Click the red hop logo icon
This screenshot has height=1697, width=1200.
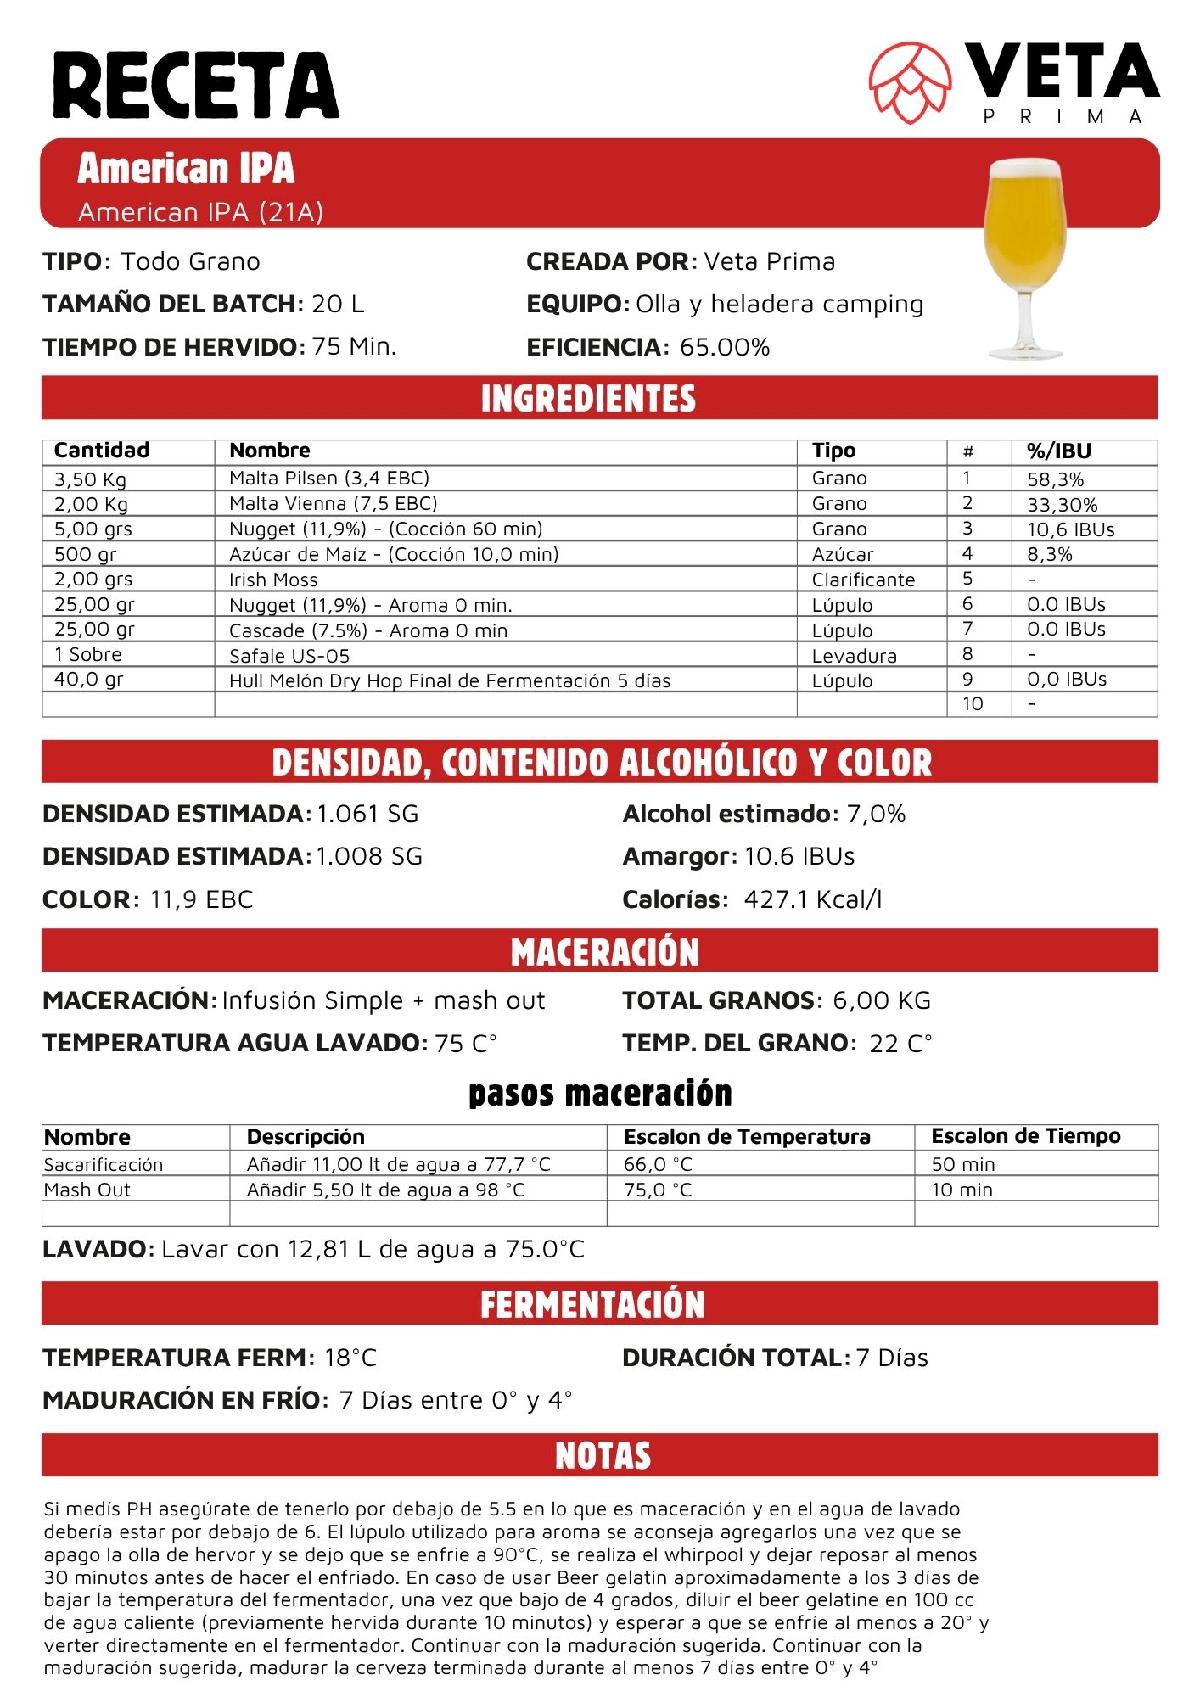(x=910, y=82)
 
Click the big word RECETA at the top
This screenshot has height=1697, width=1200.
(x=196, y=85)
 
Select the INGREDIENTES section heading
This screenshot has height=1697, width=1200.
(x=588, y=398)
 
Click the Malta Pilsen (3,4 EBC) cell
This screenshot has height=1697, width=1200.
(x=329, y=479)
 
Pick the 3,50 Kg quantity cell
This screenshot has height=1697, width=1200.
(x=90, y=479)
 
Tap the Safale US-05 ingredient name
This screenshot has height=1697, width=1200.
(x=289, y=656)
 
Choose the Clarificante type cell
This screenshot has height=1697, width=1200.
(x=863, y=580)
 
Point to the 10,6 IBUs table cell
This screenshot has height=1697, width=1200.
(x=1070, y=529)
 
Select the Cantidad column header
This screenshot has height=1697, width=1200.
(x=102, y=451)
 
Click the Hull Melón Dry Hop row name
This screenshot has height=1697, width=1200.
(x=450, y=680)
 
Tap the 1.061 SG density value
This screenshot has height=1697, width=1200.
(x=367, y=815)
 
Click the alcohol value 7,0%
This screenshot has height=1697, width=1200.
(x=876, y=815)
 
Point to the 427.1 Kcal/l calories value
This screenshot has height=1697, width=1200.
(x=812, y=899)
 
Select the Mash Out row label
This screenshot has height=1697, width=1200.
(x=87, y=1190)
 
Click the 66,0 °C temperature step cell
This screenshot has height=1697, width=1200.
(x=658, y=1164)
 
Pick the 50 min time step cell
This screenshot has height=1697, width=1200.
(x=963, y=1164)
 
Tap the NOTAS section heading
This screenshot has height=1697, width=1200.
(x=603, y=1455)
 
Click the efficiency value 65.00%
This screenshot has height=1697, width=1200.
(x=725, y=347)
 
